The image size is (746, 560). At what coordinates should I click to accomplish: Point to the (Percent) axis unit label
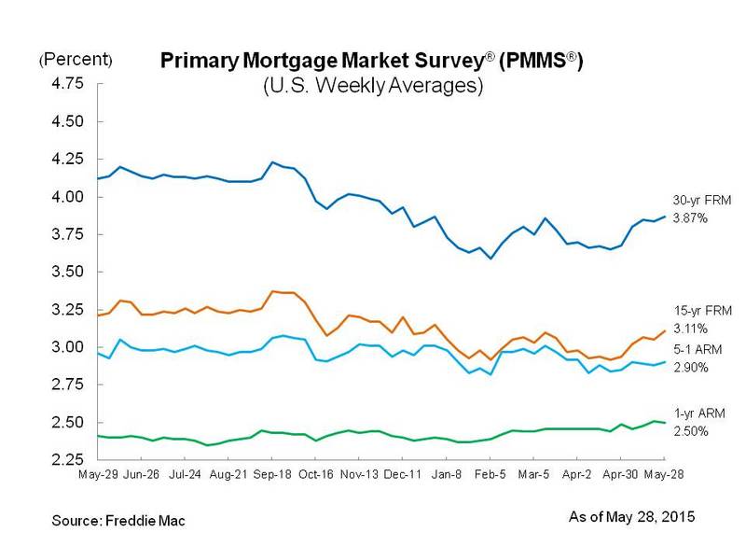pyautogui.click(x=76, y=61)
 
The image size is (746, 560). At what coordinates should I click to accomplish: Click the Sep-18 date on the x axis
pyautogui.click(x=271, y=474)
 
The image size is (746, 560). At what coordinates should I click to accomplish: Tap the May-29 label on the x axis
pyautogui.click(x=99, y=474)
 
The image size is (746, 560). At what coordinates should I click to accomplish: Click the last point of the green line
pyautogui.click(x=664, y=423)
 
